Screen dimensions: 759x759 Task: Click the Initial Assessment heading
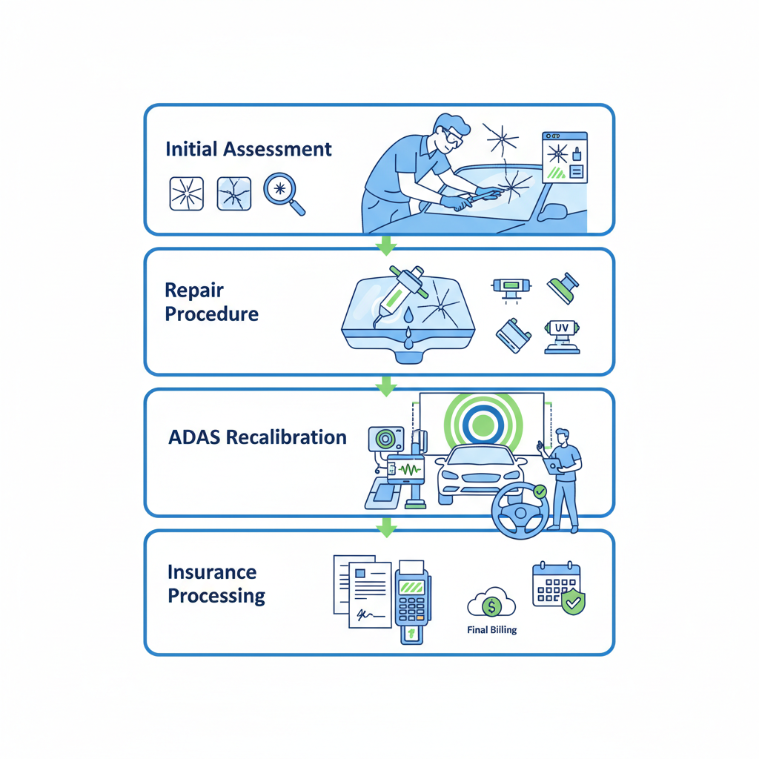coord(248,149)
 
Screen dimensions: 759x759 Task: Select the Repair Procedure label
coord(211,302)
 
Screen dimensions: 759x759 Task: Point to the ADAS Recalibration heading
coord(257,437)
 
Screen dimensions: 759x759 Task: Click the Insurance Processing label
coord(216,583)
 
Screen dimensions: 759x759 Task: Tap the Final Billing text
coord(493,630)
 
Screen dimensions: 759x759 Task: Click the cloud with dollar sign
coord(491,604)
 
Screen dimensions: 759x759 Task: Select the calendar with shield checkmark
coord(558,587)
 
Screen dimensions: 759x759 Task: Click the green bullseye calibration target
coord(483,424)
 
